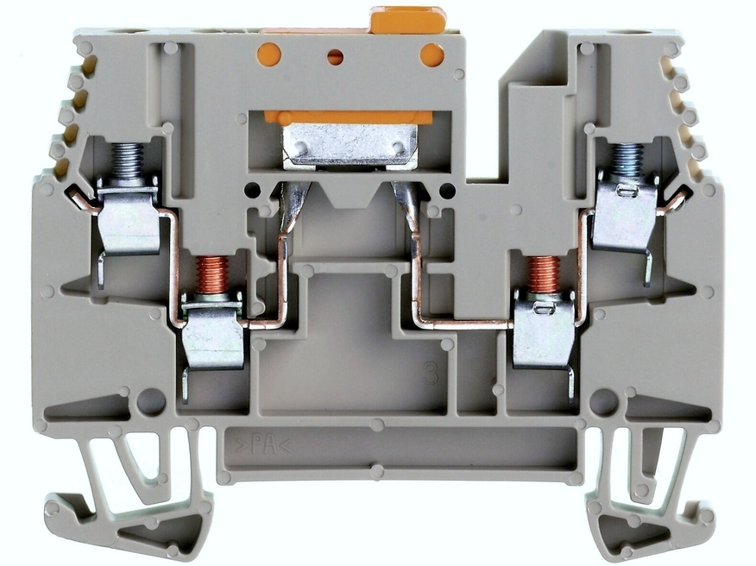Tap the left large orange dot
[x=269, y=54]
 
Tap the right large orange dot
[x=432, y=55]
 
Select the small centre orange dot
[x=336, y=57]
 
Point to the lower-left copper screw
[x=211, y=274]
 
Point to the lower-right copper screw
[x=544, y=274]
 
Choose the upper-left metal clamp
[x=129, y=217]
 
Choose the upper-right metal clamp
[x=625, y=216]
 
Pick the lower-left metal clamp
[x=212, y=338]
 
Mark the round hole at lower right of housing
[x=603, y=401]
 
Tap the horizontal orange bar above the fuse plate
[x=348, y=116]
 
